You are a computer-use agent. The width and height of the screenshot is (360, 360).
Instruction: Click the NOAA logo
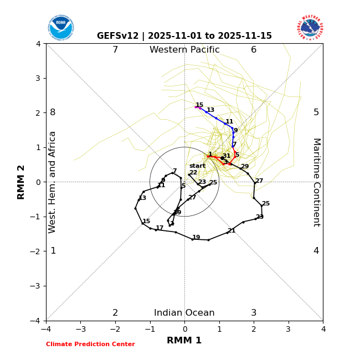60,28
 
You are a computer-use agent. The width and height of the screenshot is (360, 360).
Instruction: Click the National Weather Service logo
310,28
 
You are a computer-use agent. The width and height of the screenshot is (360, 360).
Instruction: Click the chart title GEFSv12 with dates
184,36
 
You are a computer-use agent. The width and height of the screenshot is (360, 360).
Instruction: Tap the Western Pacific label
184,50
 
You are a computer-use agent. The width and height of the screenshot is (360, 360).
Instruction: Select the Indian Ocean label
184,313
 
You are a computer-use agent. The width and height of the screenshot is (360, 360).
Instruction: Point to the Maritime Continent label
316,182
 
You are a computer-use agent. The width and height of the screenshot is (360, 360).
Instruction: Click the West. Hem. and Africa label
53,182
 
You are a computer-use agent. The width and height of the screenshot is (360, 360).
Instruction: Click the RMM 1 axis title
184,341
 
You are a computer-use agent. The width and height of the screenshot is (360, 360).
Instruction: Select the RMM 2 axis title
22,182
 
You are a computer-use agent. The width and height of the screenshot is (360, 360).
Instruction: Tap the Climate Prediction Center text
90,344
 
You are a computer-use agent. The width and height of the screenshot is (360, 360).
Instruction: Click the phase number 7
115,50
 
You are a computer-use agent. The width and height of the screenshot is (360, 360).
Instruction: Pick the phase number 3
254,313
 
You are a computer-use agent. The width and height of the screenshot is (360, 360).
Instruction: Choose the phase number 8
53,112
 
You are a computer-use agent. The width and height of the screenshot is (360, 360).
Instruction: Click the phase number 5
316,112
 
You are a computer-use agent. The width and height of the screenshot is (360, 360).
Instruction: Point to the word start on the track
197,166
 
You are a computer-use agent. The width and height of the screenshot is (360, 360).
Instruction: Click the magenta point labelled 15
196,107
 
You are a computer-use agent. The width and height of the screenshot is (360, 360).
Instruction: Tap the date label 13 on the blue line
210,110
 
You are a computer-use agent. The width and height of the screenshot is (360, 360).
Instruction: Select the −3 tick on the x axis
81,329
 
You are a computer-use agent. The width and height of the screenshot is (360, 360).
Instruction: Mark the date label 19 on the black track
196,238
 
